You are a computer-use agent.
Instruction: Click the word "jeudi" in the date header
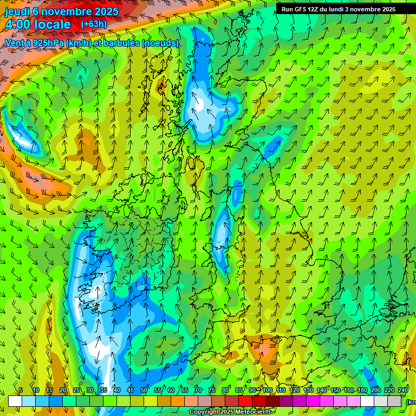17,11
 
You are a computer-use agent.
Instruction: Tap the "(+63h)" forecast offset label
94,24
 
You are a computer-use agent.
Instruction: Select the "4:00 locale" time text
38,25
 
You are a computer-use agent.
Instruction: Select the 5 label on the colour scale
21,391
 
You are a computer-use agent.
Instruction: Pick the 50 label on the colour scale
144,391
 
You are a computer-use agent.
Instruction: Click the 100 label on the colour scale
267,391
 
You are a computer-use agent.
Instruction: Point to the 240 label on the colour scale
403,391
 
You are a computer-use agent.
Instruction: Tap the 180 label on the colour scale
362,391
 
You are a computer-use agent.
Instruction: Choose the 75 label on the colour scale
212,391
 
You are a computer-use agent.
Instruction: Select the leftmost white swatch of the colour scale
15,401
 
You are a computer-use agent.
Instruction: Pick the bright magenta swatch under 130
314,401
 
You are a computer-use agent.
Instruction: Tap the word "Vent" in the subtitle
15,43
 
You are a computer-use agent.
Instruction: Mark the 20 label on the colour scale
62,391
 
